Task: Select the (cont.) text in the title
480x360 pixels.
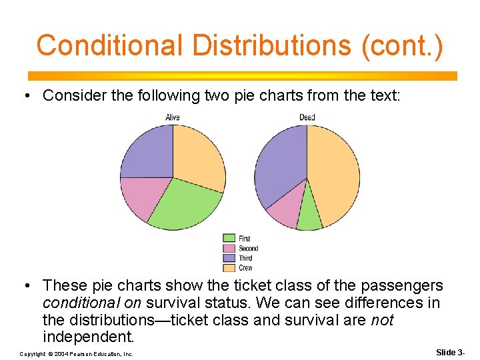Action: (x=401, y=45)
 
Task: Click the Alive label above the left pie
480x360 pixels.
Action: (x=173, y=118)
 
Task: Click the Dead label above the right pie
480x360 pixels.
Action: (x=307, y=118)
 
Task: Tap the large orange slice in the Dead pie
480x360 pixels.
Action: (x=333, y=173)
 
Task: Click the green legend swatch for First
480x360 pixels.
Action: (x=229, y=238)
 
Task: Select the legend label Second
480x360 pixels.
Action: (x=249, y=248)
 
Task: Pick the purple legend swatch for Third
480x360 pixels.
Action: (x=229, y=258)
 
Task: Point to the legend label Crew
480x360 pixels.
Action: (x=246, y=268)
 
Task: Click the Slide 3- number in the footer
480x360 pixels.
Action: (x=450, y=352)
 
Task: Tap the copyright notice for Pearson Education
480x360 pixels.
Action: (x=77, y=353)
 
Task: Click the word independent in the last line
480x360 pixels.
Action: (x=88, y=337)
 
